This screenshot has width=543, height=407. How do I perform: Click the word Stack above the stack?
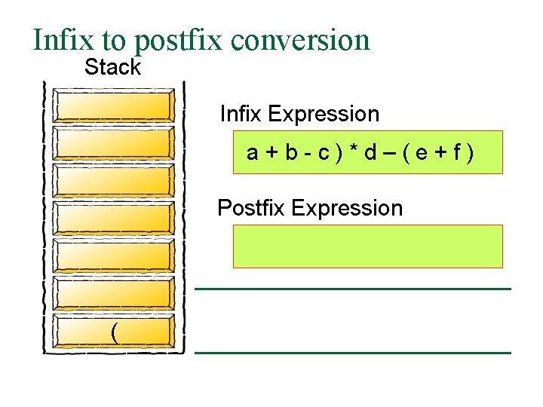[x=112, y=67]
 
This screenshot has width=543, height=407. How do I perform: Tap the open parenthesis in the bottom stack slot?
[x=114, y=331]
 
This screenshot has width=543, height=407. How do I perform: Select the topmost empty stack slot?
[x=114, y=106]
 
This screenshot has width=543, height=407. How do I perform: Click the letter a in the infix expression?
[x=253, y=153]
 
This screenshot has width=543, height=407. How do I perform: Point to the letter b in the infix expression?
[x=290, y=153]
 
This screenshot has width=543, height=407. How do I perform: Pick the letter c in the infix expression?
[x=323, y=153]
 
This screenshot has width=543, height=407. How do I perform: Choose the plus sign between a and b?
[x=271, y=153]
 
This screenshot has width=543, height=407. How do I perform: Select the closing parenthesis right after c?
[x=339, y=153]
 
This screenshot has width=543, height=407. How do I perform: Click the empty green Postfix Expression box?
[x=367, y=246]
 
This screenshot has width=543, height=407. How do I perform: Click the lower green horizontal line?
[x=353, y=353]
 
